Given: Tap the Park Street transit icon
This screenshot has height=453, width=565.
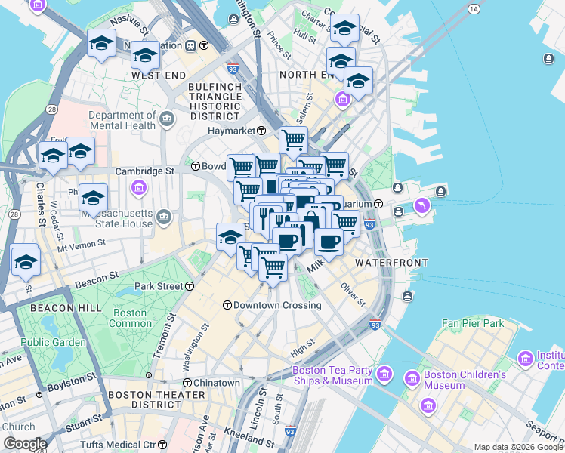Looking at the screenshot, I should point(189,286).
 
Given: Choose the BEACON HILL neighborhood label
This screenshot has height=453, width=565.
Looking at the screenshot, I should point(60,309).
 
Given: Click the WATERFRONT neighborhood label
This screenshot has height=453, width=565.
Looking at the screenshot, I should point(391,262).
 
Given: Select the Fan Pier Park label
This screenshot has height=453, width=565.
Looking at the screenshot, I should point(473,323).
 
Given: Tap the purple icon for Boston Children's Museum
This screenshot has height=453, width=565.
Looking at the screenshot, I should point(412,377).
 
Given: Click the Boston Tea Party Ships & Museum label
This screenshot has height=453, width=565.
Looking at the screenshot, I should point(332,375).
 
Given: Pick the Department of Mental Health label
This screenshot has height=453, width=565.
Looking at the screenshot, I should point(121,121).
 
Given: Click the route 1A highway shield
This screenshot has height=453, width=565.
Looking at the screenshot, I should point(474,9).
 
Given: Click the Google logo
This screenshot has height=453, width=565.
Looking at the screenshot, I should point(24,444).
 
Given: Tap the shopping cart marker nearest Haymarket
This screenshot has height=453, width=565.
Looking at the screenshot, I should point(293,140).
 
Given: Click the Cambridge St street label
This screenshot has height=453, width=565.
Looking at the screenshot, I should point(144,171).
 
